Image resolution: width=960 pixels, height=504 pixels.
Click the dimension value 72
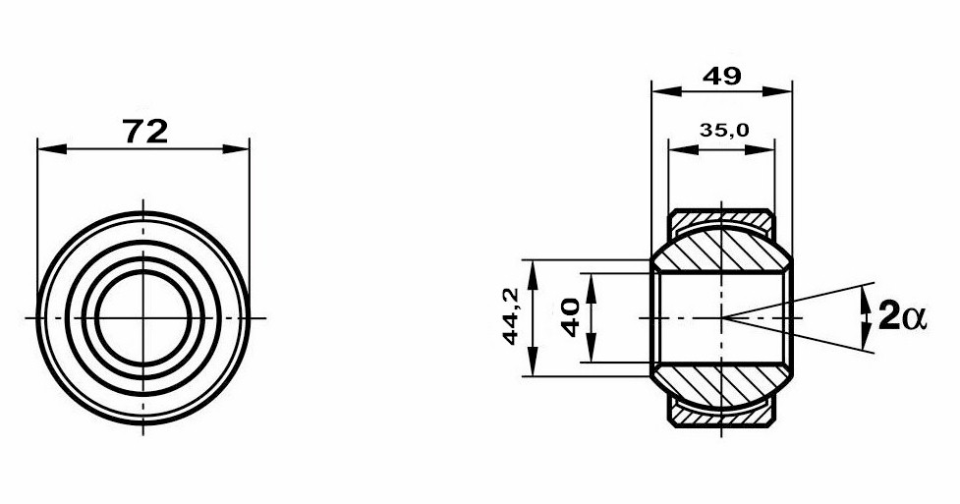(x=145, y=131)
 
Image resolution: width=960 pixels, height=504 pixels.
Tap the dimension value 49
(x=722, y=76)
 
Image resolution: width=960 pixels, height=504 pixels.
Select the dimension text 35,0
(x=723, y=130)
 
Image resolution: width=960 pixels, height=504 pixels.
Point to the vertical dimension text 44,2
(x=511, y=316)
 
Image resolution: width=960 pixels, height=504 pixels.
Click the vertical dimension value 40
(x=571, y=317)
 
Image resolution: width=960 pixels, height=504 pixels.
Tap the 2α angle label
(x=903, y=317)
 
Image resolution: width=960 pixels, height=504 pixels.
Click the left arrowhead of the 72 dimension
(x=51, y=148)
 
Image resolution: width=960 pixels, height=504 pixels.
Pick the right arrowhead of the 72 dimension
(x=236, y=148)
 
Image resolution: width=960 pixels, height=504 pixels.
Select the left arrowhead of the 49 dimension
(x=667, y=91)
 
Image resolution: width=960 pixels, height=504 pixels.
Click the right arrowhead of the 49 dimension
(x=777, y=91)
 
